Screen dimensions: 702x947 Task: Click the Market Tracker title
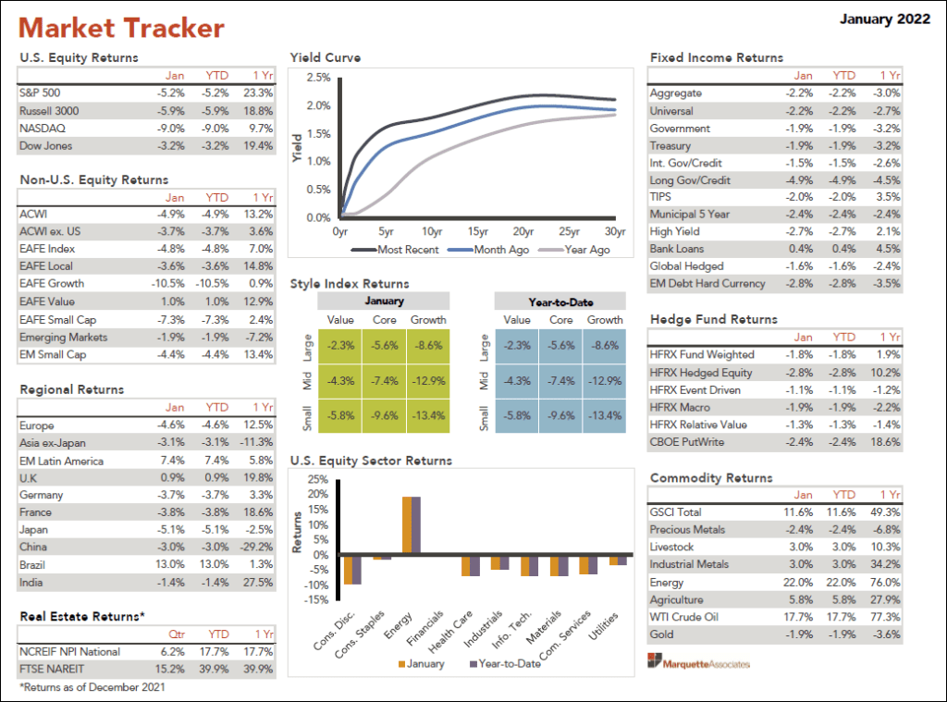tap(121, 28)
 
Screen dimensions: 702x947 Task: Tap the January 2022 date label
tap(884, 19)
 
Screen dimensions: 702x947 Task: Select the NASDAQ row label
tap(42, 128)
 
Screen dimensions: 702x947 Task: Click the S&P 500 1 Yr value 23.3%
tap(257, 92)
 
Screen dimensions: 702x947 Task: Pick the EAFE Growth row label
tap(52, 283)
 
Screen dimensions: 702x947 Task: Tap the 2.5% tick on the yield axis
tap(318, 78)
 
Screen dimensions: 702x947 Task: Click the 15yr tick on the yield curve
tap(477, 232)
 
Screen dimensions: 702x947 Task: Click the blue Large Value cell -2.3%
tap(517, 345)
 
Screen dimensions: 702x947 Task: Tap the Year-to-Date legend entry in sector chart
tap(507, 663)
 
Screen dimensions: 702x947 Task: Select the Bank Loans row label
tap(676, 249)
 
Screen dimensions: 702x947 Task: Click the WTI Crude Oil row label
tap(684, 617)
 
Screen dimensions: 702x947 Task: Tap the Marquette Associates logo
tap(699, 662)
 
